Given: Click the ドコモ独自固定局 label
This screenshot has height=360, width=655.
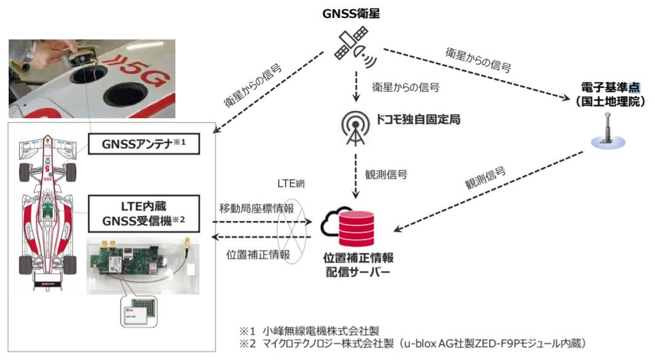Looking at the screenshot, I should [x=418, y=119].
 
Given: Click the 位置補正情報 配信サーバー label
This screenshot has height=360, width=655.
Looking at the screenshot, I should [x=359, y=263].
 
